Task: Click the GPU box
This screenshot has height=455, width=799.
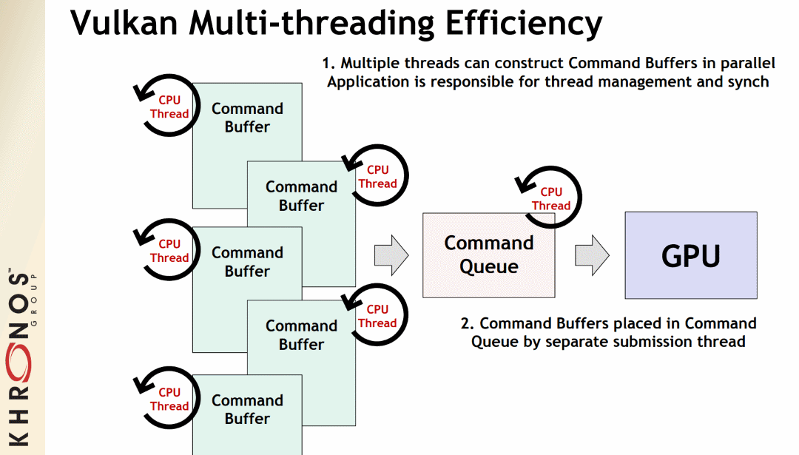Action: [x=690, y=255]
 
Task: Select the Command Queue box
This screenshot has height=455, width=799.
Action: [x=488, y=255]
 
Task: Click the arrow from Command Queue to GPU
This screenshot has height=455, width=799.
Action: [x=591, y=255]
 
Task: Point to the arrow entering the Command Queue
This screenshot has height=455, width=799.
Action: [x=391, y=255]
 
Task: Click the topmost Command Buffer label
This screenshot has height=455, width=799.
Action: [x=247, y=118]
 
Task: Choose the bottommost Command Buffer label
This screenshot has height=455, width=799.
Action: [x=247, y=409]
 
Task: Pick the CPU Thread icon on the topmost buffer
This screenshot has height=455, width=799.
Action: [x=169, y=107]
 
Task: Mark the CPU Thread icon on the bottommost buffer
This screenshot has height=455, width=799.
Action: [x=169, y=399]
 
